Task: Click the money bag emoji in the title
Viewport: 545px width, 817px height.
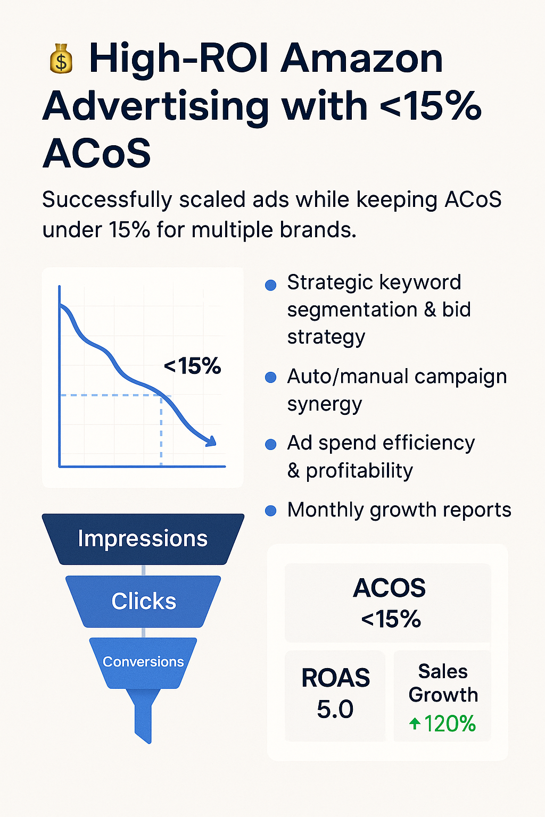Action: coord(61,59)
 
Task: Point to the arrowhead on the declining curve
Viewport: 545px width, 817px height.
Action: coord(211,441)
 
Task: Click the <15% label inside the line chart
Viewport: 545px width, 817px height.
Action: coord(192,365)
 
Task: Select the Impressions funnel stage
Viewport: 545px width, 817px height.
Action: coord(143,539)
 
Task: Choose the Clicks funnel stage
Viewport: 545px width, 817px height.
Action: coord(143,602)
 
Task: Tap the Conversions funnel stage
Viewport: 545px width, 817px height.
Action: coord(143,663)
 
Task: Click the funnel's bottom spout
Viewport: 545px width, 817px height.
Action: coord(143,715)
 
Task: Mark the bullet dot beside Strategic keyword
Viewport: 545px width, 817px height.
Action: coord(270,285)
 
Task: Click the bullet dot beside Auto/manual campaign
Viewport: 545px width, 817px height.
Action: coord(270,378)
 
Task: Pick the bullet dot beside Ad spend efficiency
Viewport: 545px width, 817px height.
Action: coord(270,444)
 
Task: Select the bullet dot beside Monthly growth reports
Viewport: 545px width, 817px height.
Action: coord(270,511)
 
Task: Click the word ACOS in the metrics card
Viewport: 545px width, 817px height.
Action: coord(389,588)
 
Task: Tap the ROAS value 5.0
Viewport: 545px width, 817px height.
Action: coord(335,709)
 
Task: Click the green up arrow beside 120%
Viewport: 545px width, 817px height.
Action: coord(415,723)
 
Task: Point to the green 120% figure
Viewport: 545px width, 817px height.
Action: coord(450,723)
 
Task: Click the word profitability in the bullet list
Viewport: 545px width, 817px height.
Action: coord(360,471)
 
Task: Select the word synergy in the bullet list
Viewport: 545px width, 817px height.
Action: coord(325,405)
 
